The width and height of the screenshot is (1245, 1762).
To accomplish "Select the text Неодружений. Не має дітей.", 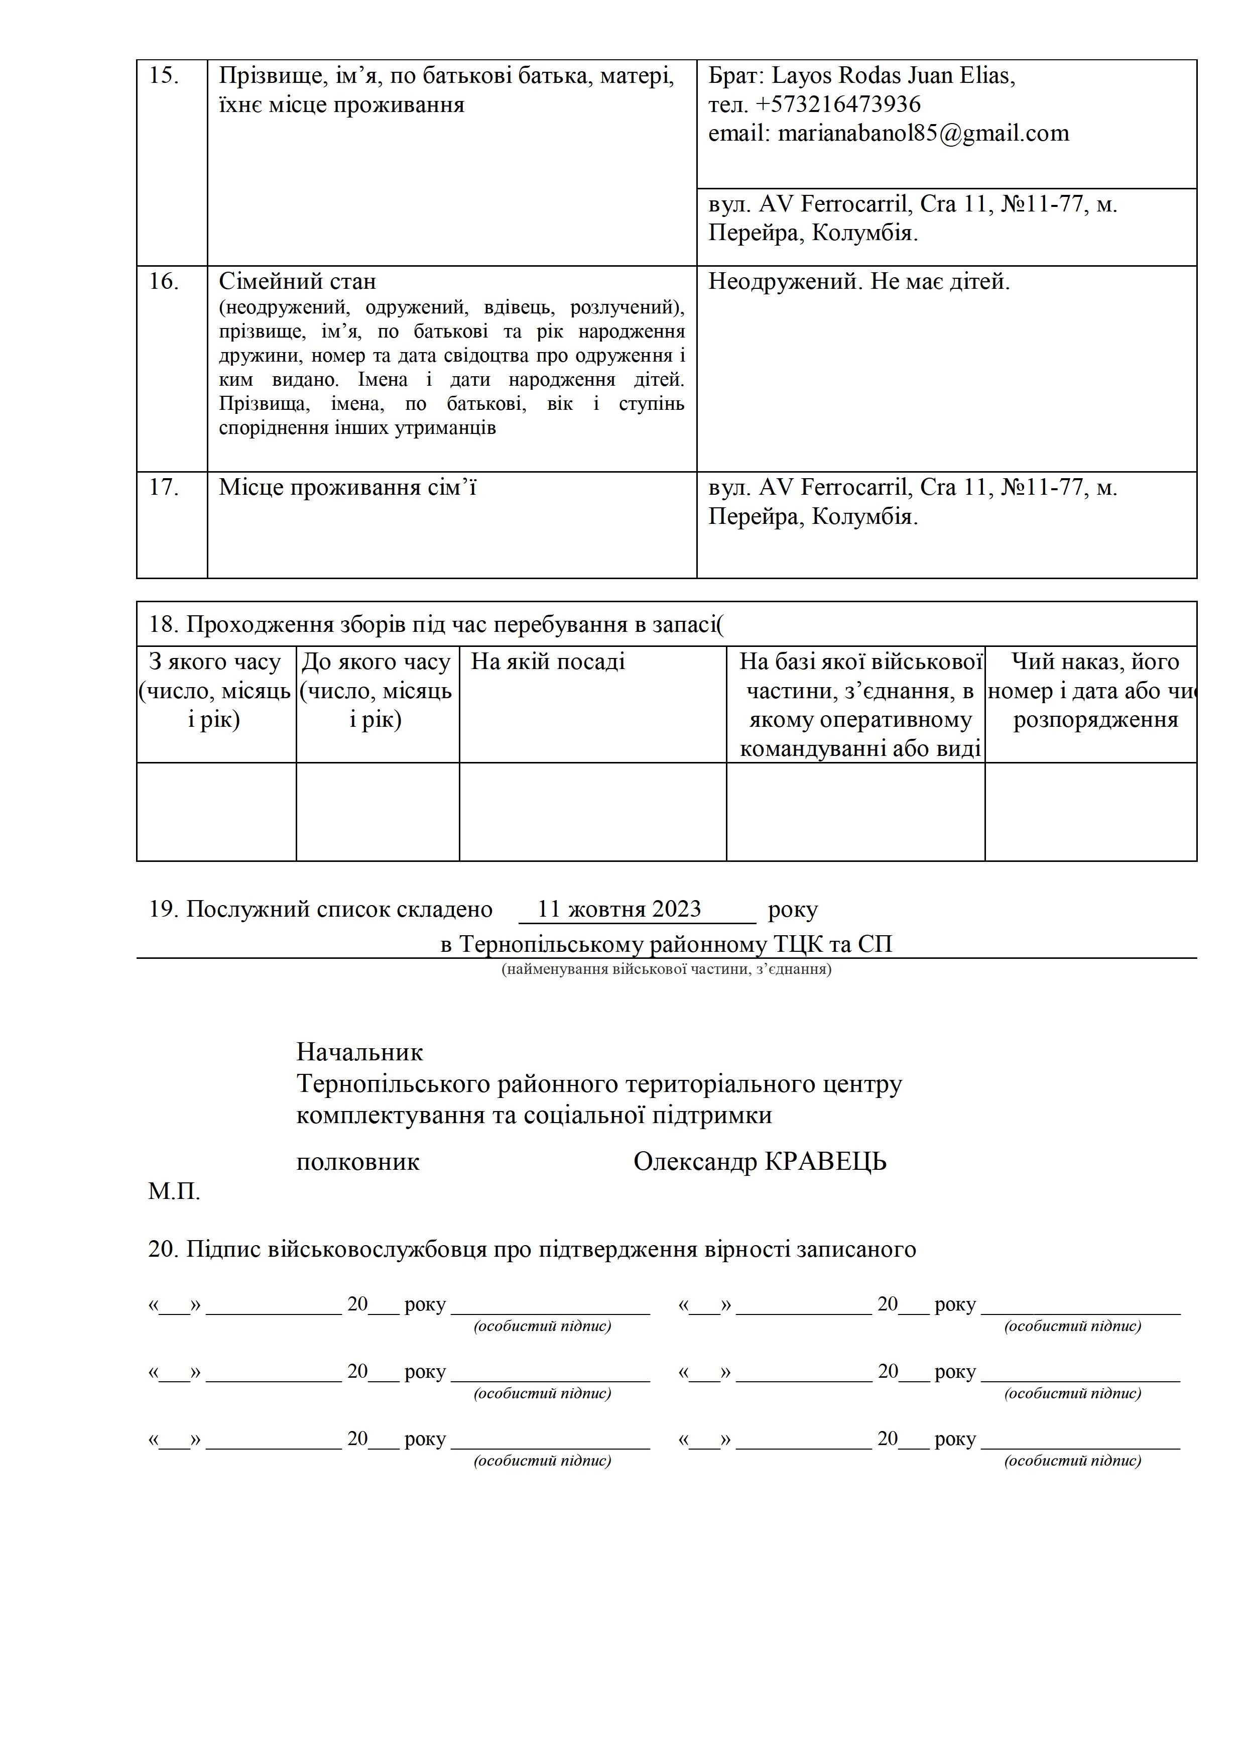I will click(x=858, y=282).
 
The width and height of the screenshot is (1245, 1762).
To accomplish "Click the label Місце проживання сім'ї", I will click(x=347, y=488).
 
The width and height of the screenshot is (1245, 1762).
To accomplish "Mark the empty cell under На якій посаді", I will click(x=592, y=811).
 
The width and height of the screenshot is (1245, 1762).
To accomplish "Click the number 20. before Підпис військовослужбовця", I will click(x=163, y=1250).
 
